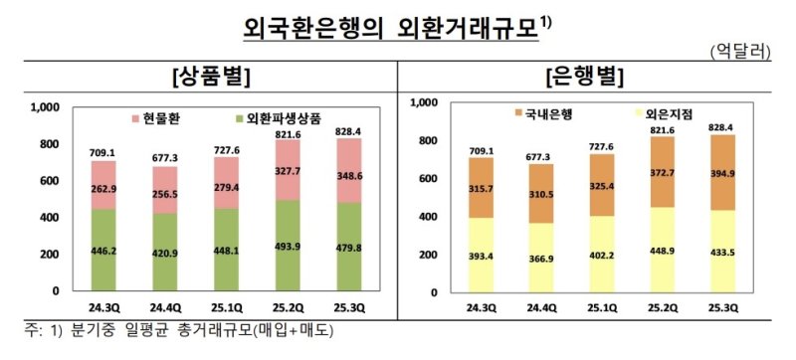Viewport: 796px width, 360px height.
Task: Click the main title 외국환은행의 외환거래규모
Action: tap(394, 27)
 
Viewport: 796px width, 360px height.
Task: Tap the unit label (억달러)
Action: tap(747, 51)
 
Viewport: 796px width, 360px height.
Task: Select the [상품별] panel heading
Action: tap(210, 76)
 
